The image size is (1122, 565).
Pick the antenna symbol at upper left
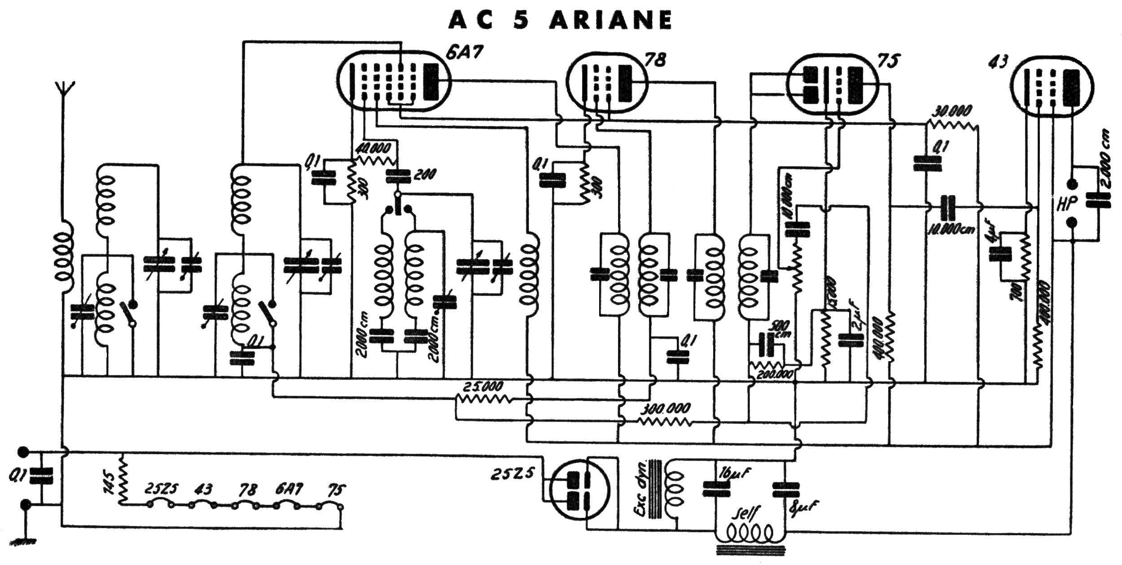coord(66,92)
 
